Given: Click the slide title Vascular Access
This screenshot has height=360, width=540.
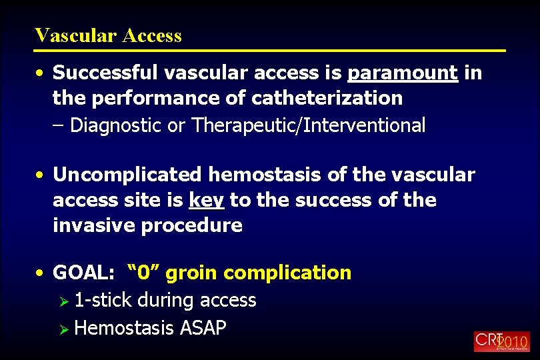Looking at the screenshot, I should click(108, 35).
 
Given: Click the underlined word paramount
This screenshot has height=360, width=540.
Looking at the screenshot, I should click(403, 73).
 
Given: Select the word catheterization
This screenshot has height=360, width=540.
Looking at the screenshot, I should click(327, 98).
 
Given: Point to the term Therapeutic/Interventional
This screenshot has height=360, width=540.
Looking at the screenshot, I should click(309, 125).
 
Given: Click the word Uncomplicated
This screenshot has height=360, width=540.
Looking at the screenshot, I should click(127, 175).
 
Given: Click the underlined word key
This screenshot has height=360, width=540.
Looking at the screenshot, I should click(207, 200).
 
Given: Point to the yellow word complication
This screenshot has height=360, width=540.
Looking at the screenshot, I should click(288, 273).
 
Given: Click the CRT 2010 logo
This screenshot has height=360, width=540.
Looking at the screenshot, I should click(502, 341).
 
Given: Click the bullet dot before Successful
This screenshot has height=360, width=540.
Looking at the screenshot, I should click(41, 73).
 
